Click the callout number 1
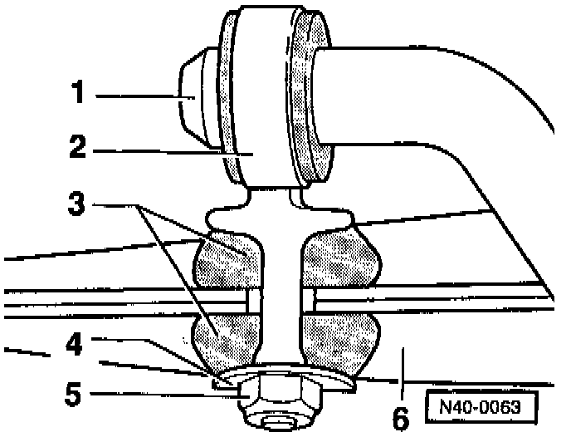77,93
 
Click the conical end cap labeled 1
195,97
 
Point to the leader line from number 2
166,152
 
